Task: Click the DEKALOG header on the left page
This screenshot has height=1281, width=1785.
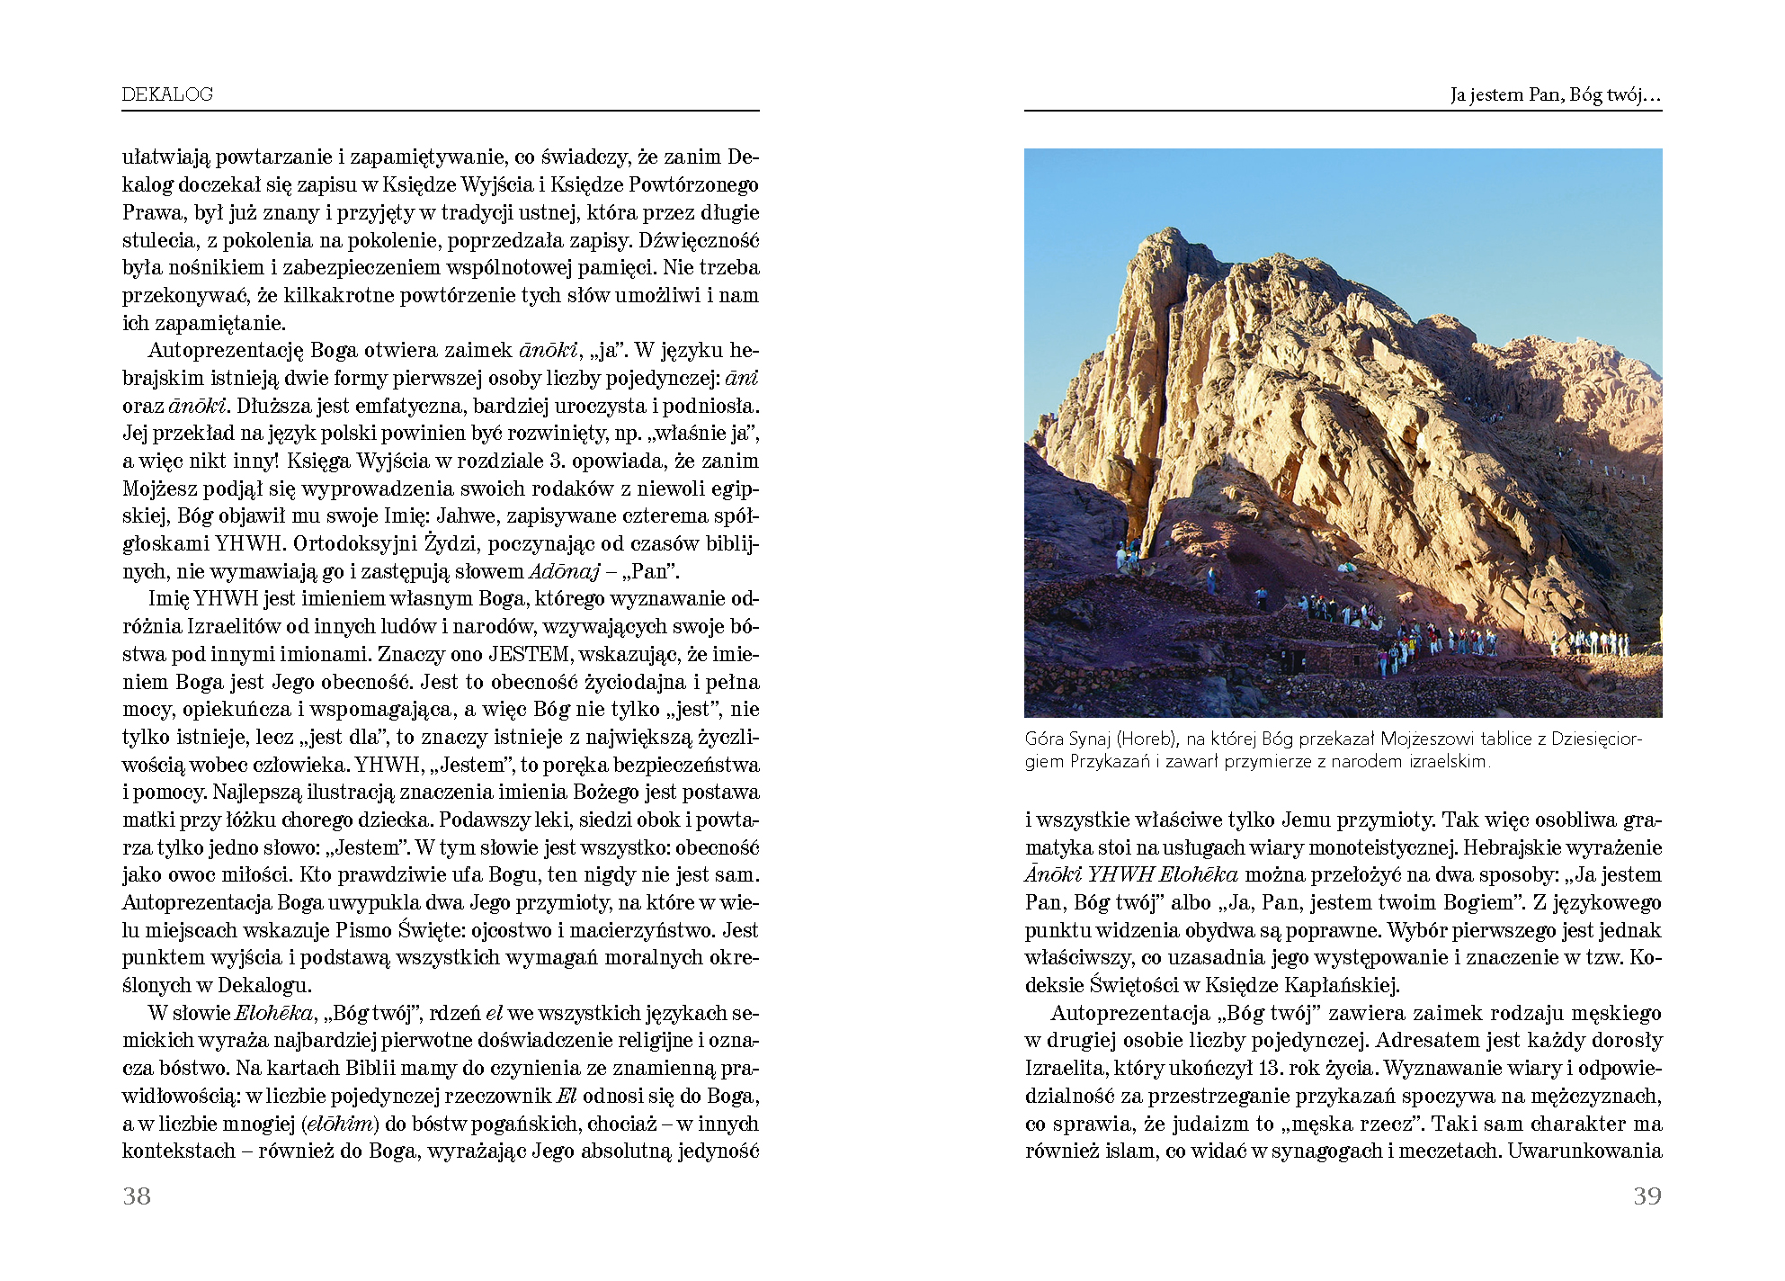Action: [x=167, y=94]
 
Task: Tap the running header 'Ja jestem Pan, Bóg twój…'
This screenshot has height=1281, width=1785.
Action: [x=1555, y=94]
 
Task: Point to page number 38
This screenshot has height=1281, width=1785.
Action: [x=137, y=1196]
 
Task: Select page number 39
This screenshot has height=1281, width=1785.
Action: [x=1647, y=1196]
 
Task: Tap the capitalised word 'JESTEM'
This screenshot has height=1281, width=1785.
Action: [x=529, y=654]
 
